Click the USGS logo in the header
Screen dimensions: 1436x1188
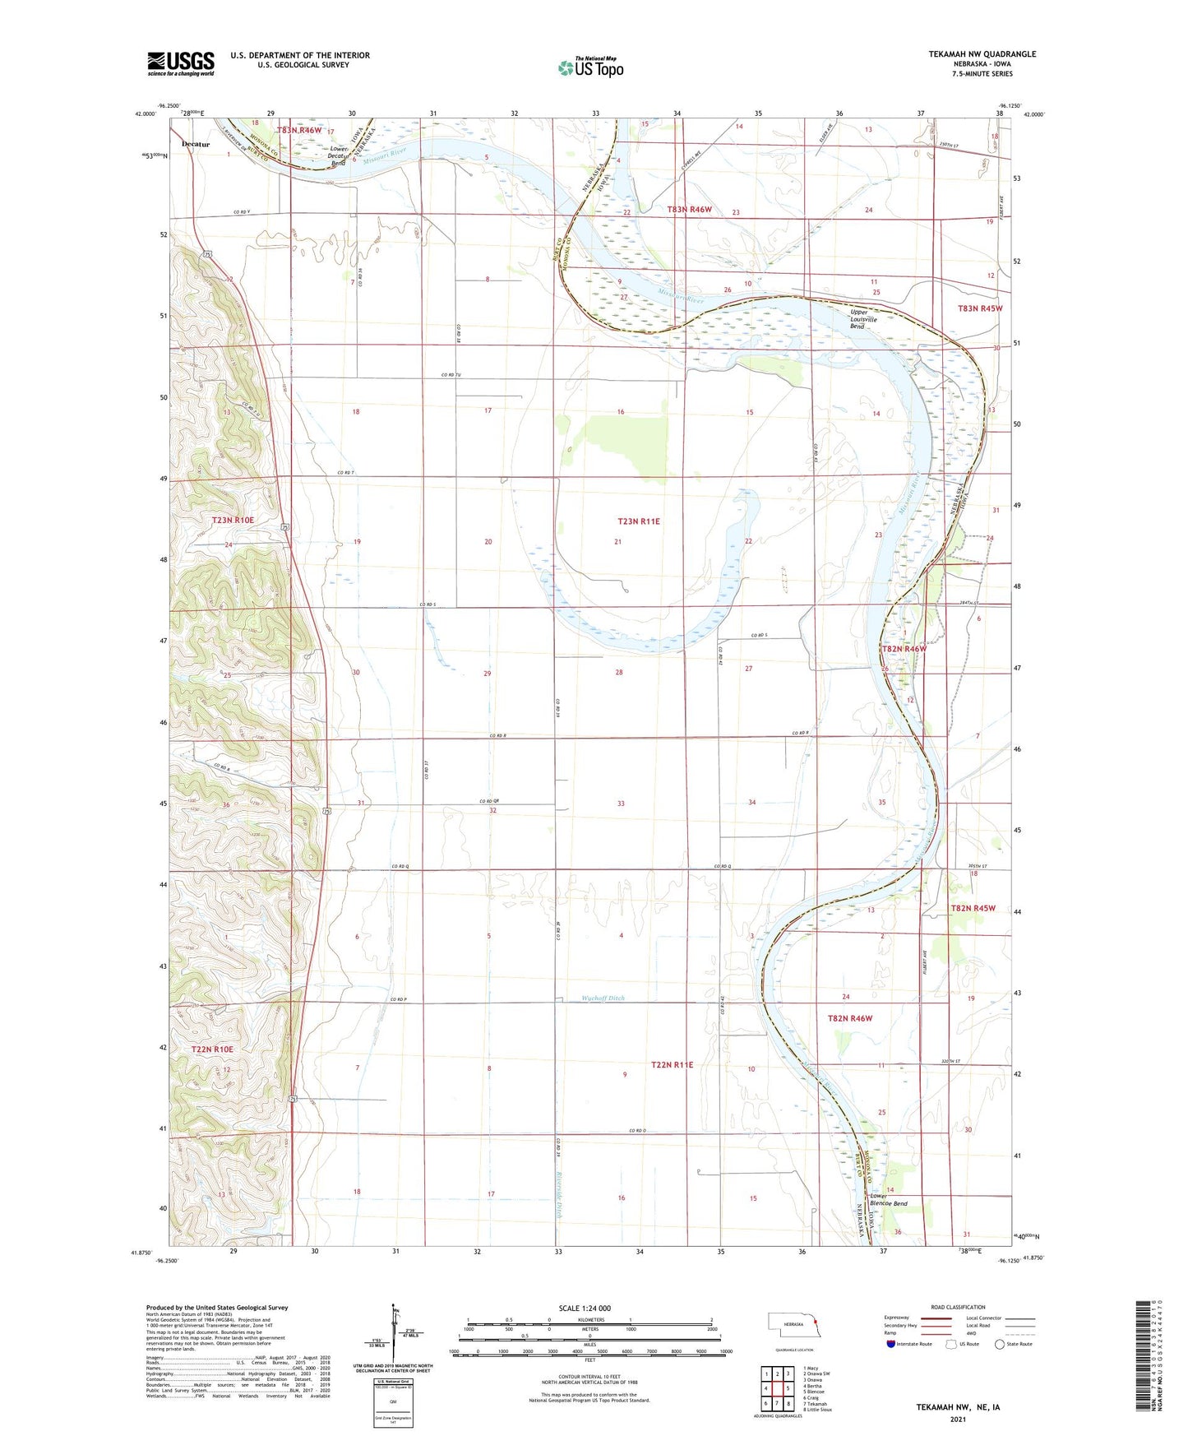181,63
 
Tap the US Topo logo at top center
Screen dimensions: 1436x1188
590,67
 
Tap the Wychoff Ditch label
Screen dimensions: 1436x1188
603,998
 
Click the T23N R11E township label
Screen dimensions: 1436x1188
639,521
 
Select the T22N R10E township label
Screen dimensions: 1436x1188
212,1049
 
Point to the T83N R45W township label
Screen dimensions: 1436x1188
980,308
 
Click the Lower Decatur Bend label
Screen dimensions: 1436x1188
337,155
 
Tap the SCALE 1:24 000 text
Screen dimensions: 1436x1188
585,1308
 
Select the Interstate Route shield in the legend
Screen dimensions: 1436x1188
892,1344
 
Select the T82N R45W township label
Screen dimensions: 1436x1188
973,908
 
